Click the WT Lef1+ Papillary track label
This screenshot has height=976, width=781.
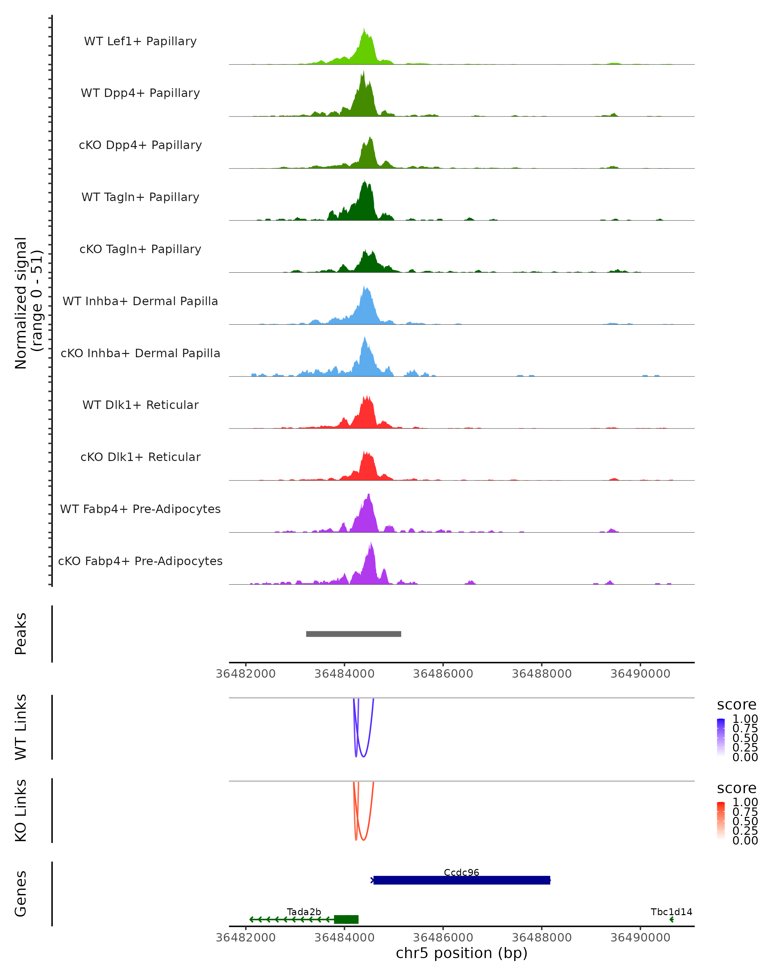click(x=140, y=41)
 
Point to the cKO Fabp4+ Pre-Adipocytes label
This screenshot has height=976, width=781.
click(x=140, y=561)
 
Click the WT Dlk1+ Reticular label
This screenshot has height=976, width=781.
click(x=140, y=405)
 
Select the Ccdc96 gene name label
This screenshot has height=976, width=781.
click(x=461, y=872)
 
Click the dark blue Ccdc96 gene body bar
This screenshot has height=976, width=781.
click(x=461, y=880)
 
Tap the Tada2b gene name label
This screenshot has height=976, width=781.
click(x=304, y=912)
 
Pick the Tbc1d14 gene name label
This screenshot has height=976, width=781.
click(x=671, y=912)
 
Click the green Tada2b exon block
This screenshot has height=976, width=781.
click(x=346, y=919)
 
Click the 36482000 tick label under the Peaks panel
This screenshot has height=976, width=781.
click(x=246, y=674)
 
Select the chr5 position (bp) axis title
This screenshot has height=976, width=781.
click(x=461, y=953)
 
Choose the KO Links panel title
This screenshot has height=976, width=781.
click(x=21, y=810)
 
